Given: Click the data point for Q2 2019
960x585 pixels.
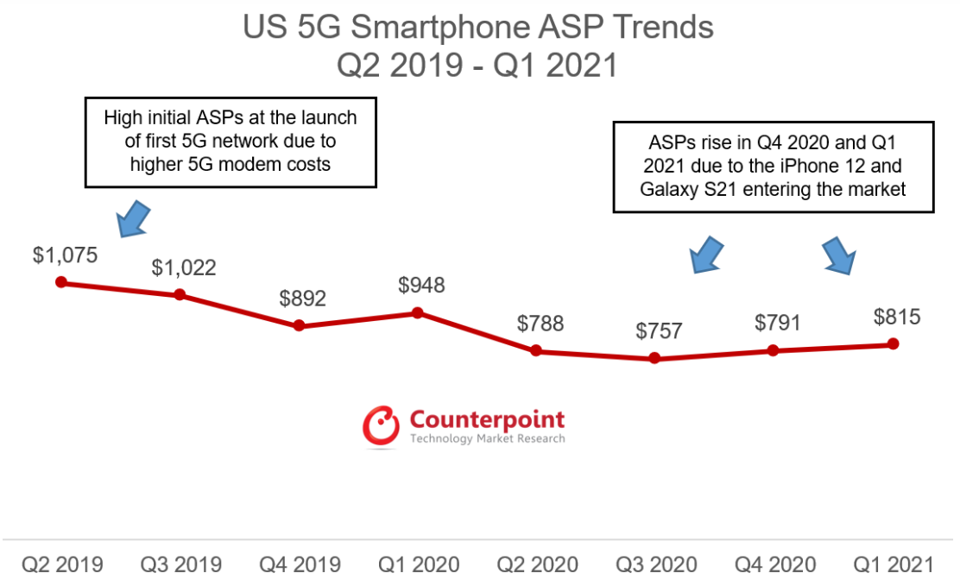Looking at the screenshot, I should coord(60,282).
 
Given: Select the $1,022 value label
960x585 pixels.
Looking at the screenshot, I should coord(184,267).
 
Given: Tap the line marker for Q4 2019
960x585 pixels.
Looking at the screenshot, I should coord(299,325).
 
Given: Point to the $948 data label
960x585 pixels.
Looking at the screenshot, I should coord(421,285).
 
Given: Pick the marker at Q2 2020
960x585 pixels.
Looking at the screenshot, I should coord(536,350).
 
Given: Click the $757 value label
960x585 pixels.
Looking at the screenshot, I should coord(659,330).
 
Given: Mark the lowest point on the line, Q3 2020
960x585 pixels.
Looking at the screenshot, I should coord(654,358).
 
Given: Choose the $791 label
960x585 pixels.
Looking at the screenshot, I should coord(778,323).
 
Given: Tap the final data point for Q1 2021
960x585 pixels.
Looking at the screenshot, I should coord(894,343).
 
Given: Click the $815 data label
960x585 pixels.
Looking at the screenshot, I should coord(897,317).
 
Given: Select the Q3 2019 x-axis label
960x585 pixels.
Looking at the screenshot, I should coord(180,565).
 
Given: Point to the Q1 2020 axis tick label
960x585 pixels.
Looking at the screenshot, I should coord(419,565).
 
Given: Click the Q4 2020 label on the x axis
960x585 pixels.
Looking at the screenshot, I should coord(775,565).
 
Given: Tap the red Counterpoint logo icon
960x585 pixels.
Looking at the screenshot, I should coord(382,426).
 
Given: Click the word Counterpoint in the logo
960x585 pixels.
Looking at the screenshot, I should coord(487,420).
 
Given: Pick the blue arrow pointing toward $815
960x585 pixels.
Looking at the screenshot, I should coord(838,255).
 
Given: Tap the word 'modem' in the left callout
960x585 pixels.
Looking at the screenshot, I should coord(249,164).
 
